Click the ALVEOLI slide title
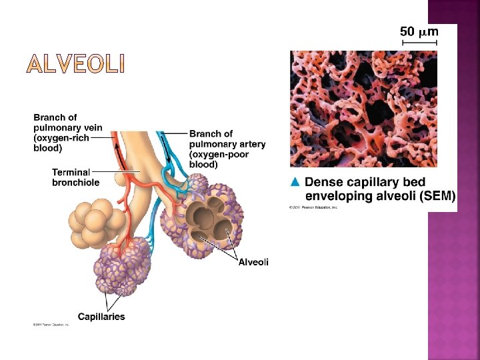click(75, 65)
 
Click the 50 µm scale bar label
click(419, 31)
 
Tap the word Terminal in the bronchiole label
click(71, 173)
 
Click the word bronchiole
click(76, 182)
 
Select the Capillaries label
click(101, 317)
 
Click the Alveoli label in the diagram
click(253, 262)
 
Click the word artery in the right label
click(250, 144)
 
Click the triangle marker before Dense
click(296, 181)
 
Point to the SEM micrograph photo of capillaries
click(363, 109)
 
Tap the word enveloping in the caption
click(337, 195)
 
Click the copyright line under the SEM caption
click(313, 207)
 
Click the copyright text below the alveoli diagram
click(51, 325)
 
